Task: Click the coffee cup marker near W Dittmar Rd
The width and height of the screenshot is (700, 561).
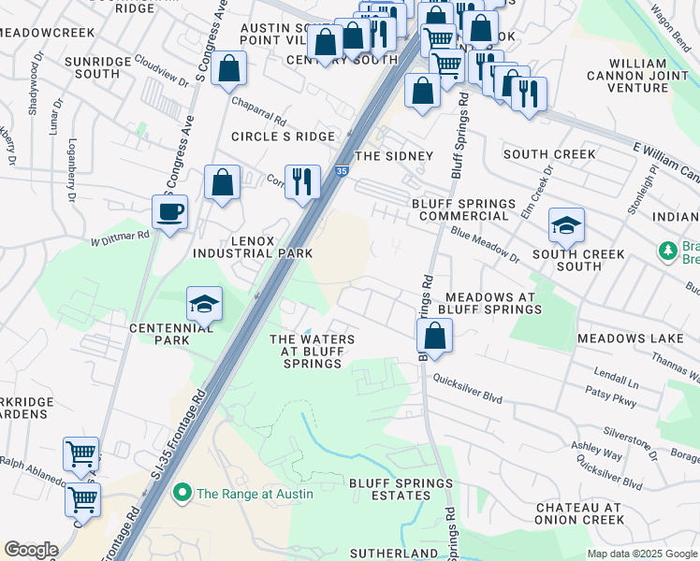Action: pyautogui.click(x=170, y=212)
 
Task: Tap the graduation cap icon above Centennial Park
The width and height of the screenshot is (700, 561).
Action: pyautogui.click(x=204, y=304)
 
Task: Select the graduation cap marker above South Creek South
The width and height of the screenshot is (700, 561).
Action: pyautogui.click(x=566, y=225)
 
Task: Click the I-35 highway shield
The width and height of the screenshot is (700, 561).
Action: pyautogui.click(x=342, y=171)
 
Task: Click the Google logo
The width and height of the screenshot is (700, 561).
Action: pyautogui.click(x=31, y=550)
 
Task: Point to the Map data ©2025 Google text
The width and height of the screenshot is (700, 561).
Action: pyautogui.click(x=641, y=554)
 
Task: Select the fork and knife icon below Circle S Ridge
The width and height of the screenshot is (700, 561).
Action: pyautogui.click(x=301, y=180)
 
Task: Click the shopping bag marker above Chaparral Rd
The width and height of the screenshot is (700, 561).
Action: pyautogui.click(x=228, y=68)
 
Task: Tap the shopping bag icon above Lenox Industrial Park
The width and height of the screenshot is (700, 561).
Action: pyautogui.click(x=222, y=183)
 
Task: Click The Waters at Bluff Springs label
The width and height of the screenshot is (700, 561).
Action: pyautogui.click(x=312, y=351)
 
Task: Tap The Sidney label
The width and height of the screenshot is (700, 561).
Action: pyautogui.click(x=394, y=156)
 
